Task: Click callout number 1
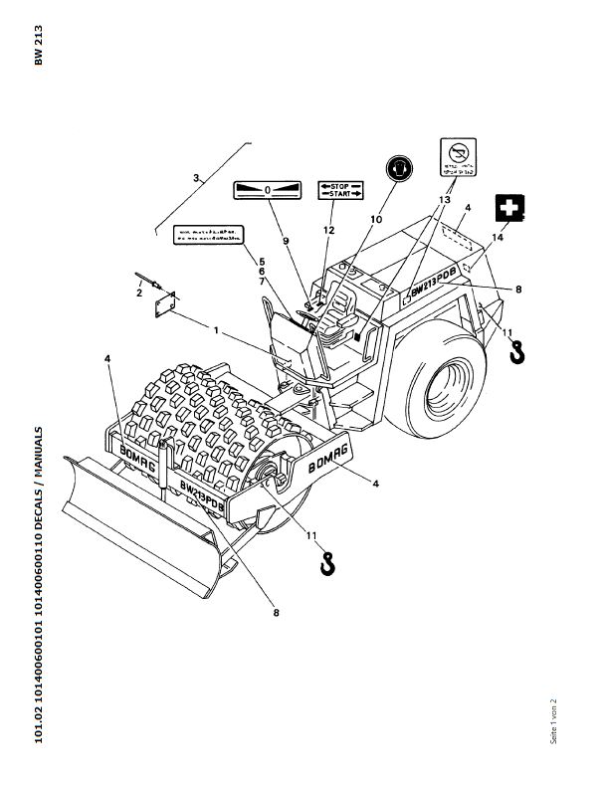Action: pos(214,327)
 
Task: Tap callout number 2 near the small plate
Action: pos(140,292)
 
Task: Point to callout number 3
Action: pos(197,179)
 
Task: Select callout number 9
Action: pos(285,241)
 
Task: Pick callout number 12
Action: pos(328,230)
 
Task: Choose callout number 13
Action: pos(442,200)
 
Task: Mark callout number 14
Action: pos(499,240)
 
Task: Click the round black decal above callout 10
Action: pos(399,168)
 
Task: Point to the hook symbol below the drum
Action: pos(326,563)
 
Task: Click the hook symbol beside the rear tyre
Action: pos(516,351)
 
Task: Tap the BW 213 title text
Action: pos(40,45)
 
